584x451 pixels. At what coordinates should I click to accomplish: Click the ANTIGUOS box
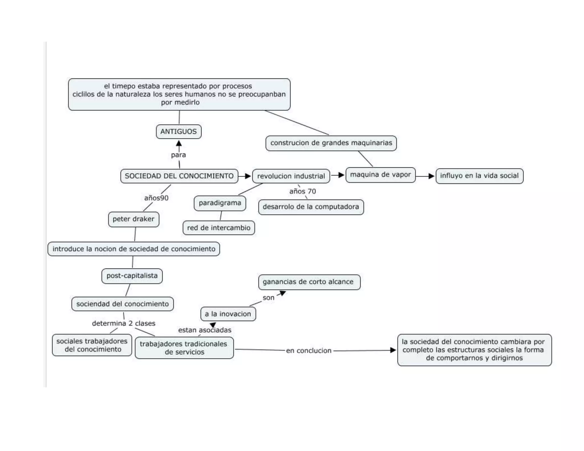tap(179, 132)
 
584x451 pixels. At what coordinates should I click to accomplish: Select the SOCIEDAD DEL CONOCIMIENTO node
tap(179, 176)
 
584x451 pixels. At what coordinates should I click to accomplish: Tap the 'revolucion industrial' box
tap(291, 176)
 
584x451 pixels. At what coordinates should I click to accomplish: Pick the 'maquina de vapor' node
tap(380, 175)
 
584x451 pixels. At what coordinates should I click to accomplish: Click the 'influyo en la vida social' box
tap(479, 176)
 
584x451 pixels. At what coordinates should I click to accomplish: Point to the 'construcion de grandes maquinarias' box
tap(331, 143)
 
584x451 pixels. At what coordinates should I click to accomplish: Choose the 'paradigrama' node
tap(220, 203)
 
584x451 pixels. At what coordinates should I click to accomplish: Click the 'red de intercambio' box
tap(219, 228)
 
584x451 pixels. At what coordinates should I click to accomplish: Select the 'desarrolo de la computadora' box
tap(311, 207)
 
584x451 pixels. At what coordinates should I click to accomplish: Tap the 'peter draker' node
tap(133, 219)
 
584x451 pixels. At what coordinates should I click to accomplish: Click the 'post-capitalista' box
tap(132, 276)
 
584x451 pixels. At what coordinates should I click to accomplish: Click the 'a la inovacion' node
tap(228, 314)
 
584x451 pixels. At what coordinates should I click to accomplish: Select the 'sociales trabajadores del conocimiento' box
tap(92, 345)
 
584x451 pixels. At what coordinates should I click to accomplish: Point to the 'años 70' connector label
tap(303, 192)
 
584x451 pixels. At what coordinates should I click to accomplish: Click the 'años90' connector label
tap(156, 198)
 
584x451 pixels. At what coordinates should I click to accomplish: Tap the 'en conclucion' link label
tap(309, 351)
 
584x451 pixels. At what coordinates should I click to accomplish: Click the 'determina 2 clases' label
tap(123, 324)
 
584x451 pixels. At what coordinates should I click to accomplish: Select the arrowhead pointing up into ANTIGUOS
tap(179, 143)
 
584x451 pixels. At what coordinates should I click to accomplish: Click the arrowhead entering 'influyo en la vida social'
tap(431, 176)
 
